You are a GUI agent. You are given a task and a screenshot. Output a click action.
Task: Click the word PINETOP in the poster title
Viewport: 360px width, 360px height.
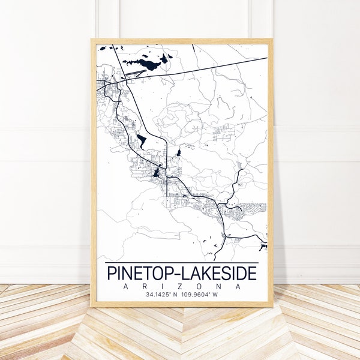click(x=136, y=274)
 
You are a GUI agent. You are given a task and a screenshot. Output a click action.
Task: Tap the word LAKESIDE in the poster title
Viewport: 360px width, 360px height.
click(x=215, y=274)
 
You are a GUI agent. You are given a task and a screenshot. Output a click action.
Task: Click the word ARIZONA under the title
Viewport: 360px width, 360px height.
click(x=181, y=287)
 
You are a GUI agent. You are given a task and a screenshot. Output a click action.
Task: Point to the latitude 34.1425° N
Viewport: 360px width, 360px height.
click(x=163, y=295)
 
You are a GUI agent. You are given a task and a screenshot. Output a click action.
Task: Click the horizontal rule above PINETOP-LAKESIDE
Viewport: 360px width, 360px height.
click(x=181, y=263)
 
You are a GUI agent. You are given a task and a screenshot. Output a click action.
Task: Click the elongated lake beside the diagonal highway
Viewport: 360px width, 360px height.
click(x=142, y=141)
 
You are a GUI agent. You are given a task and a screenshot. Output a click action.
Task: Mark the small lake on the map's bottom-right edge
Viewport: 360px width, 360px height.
click(x=263, y=246)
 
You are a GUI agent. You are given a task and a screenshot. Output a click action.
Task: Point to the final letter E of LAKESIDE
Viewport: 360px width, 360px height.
click(x=251, y=274)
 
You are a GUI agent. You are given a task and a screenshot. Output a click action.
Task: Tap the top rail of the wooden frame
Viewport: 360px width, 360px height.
click(x=181, y=41)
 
